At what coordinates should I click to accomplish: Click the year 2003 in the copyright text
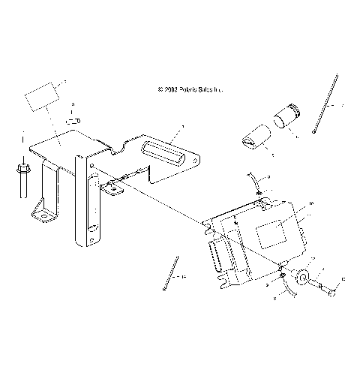172,89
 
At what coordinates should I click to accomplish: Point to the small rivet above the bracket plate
72,119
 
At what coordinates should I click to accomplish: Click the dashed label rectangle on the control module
272,234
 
